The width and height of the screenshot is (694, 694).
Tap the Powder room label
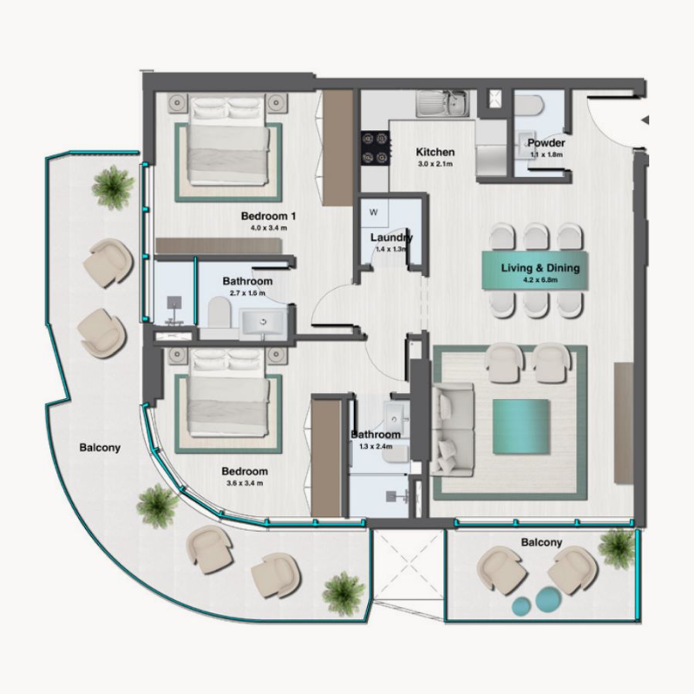pos(547,143)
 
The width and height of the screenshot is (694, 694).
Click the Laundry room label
pos(390,238)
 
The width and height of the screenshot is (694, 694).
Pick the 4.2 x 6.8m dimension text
pos(540,280)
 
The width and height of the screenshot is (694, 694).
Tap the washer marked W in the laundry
pos(375,213)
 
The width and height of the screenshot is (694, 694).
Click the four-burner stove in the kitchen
pos(374,147)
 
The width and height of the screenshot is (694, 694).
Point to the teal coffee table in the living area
pos(520,426)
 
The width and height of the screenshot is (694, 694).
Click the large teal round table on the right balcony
pos(548,599)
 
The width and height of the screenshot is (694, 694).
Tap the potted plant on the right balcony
pos(617,547)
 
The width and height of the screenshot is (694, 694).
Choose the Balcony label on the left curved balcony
pos(100,448)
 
